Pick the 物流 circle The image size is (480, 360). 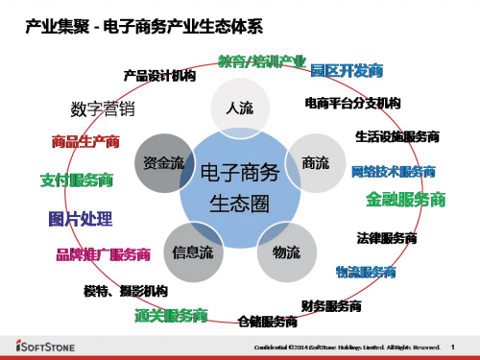(x=285, y=252)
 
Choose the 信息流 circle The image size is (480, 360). (x=192, y=252)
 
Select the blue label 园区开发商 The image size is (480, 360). (x=348, y=70)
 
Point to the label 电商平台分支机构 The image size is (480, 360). (x=352, y=102)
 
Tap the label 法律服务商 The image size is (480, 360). (x=386, y=236)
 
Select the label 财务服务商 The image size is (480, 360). (x=331, y=306)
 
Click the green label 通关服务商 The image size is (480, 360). (x=171, y=315)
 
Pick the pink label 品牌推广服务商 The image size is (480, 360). (x=103, y=254)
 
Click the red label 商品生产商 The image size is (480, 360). (x=85, y=143)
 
